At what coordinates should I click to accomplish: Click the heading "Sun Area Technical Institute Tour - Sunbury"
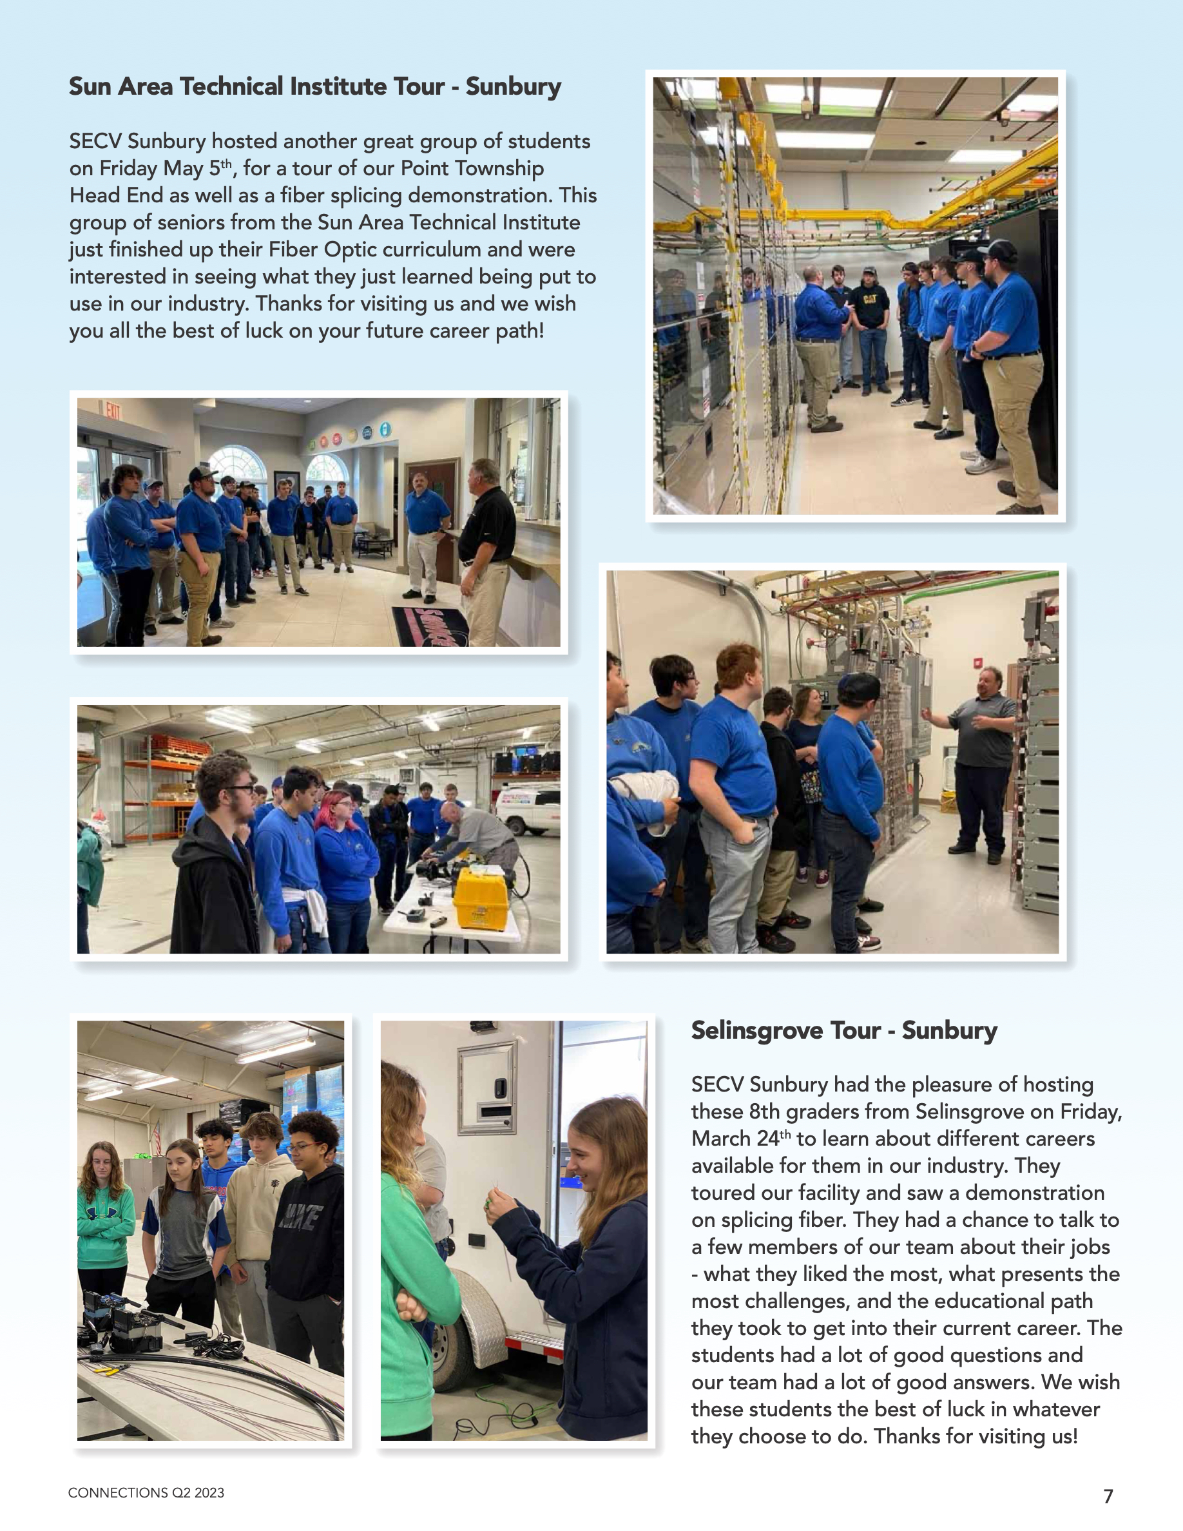pyautogui.click(x=314, y=87)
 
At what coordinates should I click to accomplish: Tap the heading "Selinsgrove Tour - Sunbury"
pyautogui.click(x=844, y=1030)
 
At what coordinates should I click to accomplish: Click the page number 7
pyautogui.click(x=1108, y=1497)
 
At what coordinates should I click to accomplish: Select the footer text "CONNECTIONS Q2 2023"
pyautogui.click(x=146, y=1493)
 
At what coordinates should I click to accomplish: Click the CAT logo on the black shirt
pyautogui.click(x=870, y=298)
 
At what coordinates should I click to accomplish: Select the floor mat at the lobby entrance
pyautogui.click(x=431, y=626)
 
